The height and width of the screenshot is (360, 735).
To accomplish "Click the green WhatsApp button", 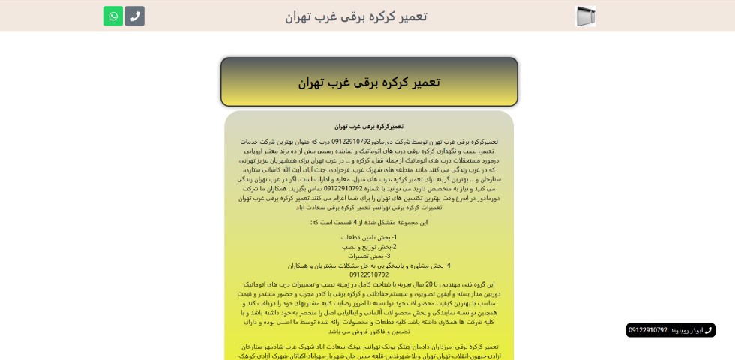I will (x=113, y=16).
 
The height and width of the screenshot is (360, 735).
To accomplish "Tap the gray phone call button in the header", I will (x=135, y=16).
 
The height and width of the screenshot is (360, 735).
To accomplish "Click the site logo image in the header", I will (x=585, y=16).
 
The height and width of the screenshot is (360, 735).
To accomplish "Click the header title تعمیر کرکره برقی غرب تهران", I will (x=355, y=16).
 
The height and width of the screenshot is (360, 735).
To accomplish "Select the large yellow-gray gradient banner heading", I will (x=369, y=82).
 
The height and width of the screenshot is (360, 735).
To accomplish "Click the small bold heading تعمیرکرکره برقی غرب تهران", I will (x=369, y=127).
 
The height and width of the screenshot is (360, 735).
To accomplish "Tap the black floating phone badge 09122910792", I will (x=670, y=330).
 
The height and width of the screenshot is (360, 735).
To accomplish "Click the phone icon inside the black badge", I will (x=708, y=330).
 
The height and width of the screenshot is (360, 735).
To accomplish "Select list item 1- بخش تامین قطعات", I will (x=369, y=237).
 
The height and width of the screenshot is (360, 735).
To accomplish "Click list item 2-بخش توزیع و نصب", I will (x=369, y=247).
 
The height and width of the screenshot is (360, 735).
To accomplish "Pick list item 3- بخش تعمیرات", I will (x=369, y=256).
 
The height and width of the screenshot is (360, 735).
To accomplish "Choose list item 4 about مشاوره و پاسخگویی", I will (x=369, y=265).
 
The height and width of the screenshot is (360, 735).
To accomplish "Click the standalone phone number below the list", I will (x=369, y=274).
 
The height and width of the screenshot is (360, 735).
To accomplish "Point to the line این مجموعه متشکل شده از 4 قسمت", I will (x=369, y=222).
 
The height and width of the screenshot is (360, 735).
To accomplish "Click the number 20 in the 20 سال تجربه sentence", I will (x=430, y=284).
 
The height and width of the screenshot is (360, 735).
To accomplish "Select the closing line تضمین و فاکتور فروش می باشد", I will (x=369, y=331).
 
